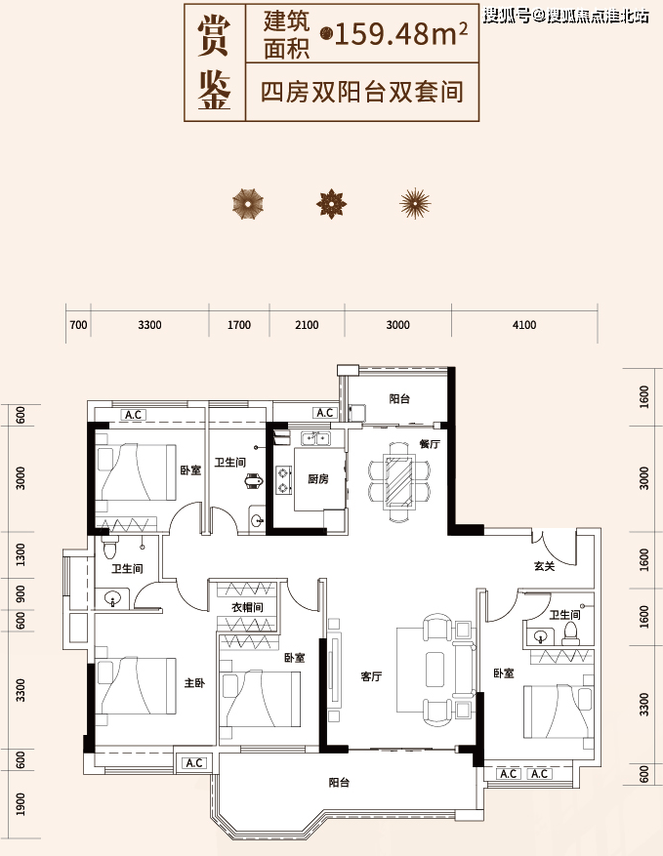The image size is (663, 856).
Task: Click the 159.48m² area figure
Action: click(x=400, y=35)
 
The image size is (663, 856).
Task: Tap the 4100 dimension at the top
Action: click(x=524, y=325)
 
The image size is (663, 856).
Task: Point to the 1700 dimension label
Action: click(x=238, y=325)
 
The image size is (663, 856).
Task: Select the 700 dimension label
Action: click(x=79, y=325)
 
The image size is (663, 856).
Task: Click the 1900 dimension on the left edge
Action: click(x=21, y=803)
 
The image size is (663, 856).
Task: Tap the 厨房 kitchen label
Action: click(x=318, y=479)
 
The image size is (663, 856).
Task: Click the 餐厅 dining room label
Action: click(x=430, y=444)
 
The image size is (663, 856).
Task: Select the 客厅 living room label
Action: click(x=371, y=676)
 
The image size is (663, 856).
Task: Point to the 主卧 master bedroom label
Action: click(x=194, y=682)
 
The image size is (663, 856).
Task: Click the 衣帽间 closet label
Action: click(x=247, y=606)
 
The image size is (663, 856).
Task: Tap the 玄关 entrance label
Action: click(x=545, y=567)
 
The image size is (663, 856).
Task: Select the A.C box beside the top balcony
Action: click(x=325, y=413)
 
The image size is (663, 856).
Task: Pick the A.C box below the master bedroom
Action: click(x=194, y=762)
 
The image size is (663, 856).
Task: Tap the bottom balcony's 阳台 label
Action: click(x=339, y=782)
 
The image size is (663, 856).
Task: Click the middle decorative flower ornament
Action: click(x=332, y=204)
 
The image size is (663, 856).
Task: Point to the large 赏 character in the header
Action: click(x=214, y=35)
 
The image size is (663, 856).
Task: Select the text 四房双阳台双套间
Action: click(x=362, y=91)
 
